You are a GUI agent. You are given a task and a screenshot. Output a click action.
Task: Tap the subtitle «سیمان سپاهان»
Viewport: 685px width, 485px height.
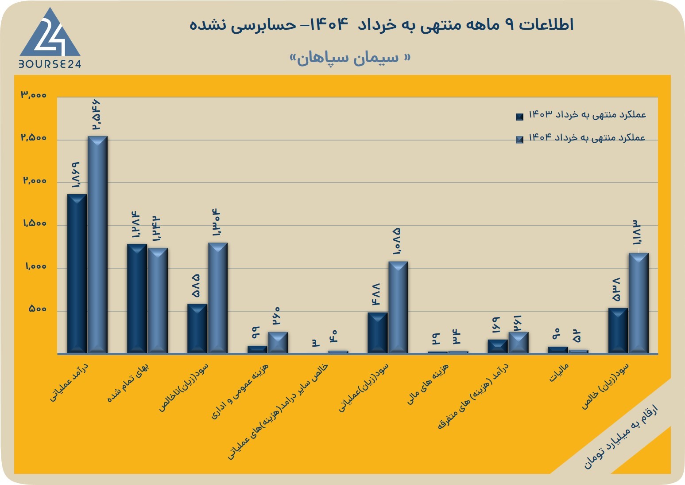(350, 58)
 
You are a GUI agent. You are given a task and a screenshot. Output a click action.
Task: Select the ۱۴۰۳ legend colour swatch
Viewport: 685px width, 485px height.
(519, 117)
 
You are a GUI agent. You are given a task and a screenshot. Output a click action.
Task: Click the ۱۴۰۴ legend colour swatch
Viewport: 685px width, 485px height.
(519, 139)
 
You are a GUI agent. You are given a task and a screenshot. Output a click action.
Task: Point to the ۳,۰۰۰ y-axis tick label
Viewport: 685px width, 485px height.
(34, 95)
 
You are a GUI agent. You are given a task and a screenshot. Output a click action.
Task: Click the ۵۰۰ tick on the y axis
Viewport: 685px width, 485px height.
(38, 309)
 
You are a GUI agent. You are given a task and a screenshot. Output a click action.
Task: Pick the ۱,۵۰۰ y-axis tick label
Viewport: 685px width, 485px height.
(35, 223)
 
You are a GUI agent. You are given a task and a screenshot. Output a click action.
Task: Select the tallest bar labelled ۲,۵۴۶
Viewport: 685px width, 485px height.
(97, 245)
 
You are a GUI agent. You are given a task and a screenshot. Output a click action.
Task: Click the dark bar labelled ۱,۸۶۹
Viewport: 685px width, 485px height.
(77, 274)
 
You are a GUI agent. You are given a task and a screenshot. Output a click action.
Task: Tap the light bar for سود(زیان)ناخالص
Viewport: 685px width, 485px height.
(218, 298)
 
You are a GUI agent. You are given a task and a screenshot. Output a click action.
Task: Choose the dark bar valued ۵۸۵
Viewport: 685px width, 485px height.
(197, 329)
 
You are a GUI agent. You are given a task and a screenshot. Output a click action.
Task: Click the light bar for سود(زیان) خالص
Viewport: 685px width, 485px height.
(639, 303)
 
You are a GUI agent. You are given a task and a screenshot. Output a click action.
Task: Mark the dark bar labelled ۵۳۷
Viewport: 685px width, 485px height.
(618, 331)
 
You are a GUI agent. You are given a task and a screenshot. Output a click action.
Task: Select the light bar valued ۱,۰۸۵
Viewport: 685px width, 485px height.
(398, 307)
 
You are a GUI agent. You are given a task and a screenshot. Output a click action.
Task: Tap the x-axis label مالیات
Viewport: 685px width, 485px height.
(559, 372)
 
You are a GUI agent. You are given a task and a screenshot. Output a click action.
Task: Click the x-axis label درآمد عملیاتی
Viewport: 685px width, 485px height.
(69, 382)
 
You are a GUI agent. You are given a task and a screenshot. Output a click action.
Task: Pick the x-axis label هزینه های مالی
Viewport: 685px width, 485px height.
(427, 383)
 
